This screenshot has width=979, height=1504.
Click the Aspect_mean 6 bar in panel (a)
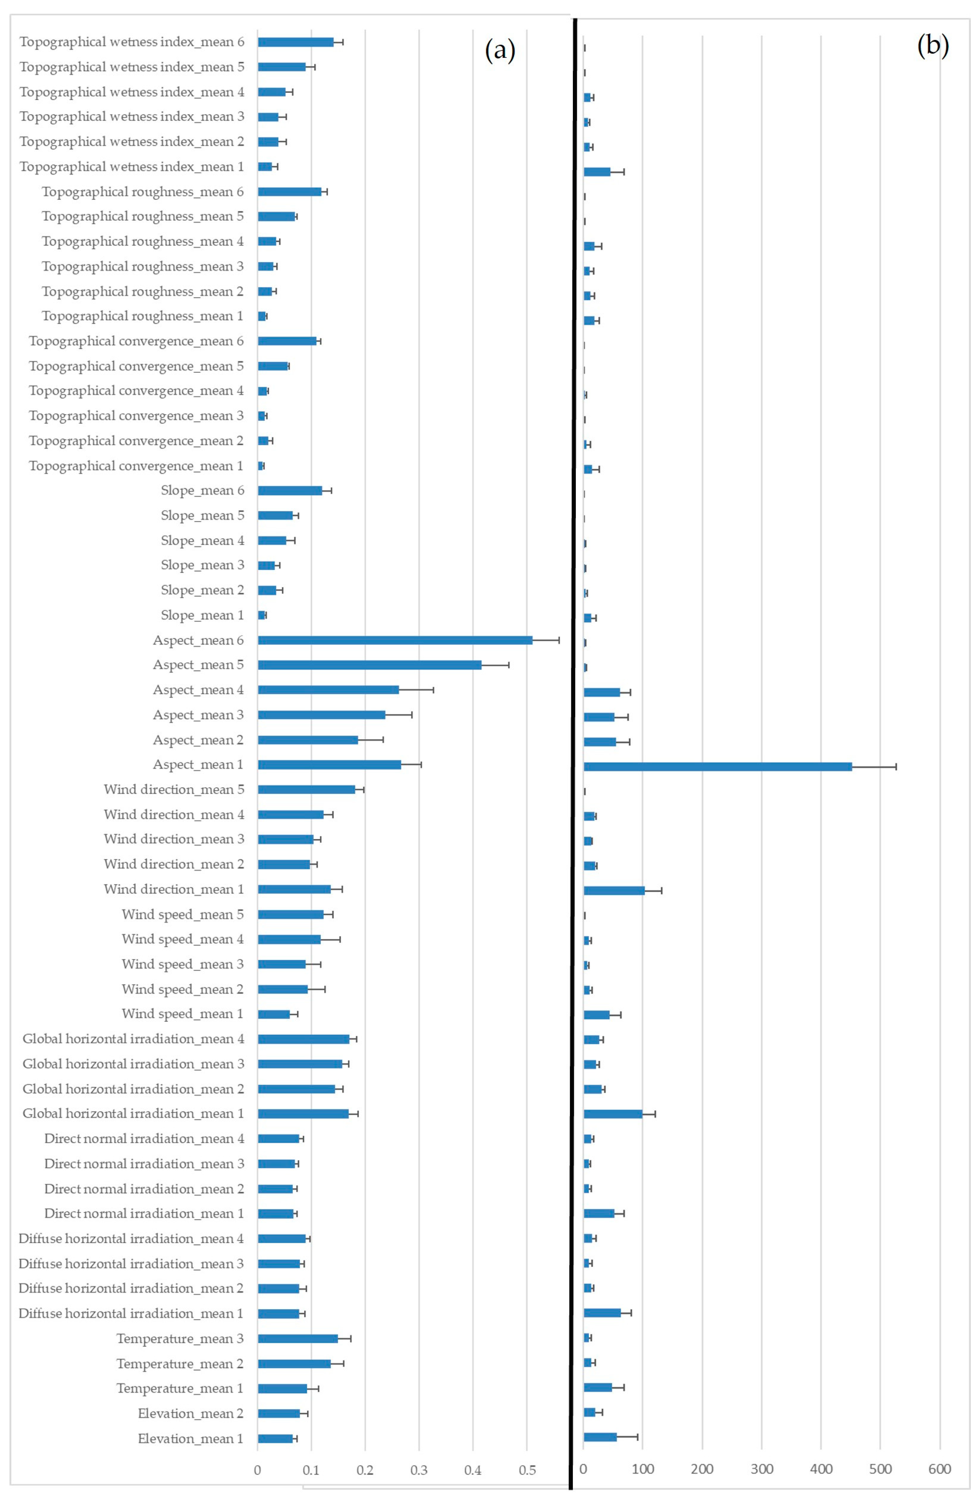395,640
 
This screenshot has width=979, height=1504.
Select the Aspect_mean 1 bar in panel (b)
717,766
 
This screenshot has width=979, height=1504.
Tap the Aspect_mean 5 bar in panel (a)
370,665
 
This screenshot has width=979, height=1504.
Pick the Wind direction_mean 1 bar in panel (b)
614,890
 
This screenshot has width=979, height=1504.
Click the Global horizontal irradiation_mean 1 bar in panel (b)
612,1114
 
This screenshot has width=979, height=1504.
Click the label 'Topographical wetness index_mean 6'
131,42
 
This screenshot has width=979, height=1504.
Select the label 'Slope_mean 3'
202,565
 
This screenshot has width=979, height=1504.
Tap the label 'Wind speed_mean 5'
183,914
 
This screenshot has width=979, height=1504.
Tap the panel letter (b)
933,45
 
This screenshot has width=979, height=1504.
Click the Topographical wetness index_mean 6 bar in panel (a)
296,42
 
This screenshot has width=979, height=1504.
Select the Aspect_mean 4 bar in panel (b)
602,692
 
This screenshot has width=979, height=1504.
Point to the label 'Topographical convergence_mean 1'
136,466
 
